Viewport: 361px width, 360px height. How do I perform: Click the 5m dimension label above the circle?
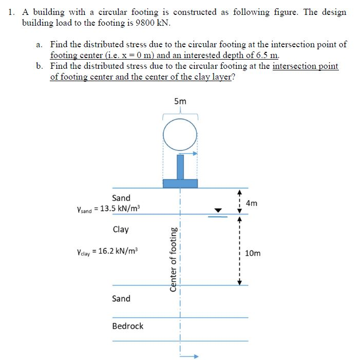coord(180,101)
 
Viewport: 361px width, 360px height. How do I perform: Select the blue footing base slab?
coord(180,183)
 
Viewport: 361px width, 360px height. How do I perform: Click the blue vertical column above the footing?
coord(180,167)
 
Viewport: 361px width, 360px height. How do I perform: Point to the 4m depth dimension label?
coord(252,203)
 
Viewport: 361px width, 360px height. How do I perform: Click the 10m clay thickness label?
coord(253,253)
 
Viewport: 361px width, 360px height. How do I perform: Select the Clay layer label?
coord(121,230)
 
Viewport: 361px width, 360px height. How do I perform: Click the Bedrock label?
coord(128,326)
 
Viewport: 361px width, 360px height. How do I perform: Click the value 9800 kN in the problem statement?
coord(154,23)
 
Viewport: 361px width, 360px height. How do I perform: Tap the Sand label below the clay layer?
coord(121,298)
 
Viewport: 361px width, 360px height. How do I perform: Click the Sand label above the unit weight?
coord(121,198)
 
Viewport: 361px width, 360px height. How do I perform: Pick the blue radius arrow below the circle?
coord(188,153)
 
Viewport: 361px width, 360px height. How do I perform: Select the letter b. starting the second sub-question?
coord(40,66)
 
